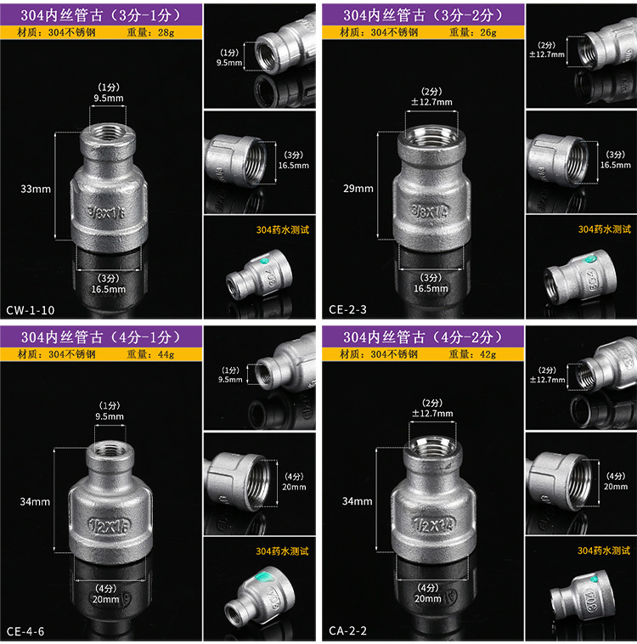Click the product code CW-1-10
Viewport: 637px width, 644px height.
tap(31, 310)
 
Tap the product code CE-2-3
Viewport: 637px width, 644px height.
tap(347, 309)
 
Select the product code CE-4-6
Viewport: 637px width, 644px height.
tap(25, 631)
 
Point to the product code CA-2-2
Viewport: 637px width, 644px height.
tap(347, 630)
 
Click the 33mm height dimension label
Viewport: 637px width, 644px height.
tap(36, 189)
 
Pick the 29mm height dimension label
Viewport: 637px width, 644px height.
tap(358, 189)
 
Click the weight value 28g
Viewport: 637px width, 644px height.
tap(166, 32)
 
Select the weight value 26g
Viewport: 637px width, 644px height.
tap(488, 32)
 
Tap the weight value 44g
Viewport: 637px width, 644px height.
tap(166, 354)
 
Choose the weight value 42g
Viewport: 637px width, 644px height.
tap(488, 354)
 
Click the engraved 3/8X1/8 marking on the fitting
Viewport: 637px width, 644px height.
tap(106, 212)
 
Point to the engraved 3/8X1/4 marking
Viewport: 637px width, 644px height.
tap(431, 211)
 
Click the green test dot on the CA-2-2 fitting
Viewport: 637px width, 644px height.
tap(594, 579)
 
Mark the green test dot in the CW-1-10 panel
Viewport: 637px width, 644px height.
tap(263, 261)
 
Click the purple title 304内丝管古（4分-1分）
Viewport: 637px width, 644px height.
tap(100, 337)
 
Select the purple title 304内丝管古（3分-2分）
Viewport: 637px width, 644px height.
tap(423, 15)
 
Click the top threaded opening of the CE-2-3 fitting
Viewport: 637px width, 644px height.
tap(431, 135)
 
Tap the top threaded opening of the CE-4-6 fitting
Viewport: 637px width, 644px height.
tap(110, 449)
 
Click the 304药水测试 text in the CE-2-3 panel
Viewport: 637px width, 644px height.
tap(604, 229)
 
